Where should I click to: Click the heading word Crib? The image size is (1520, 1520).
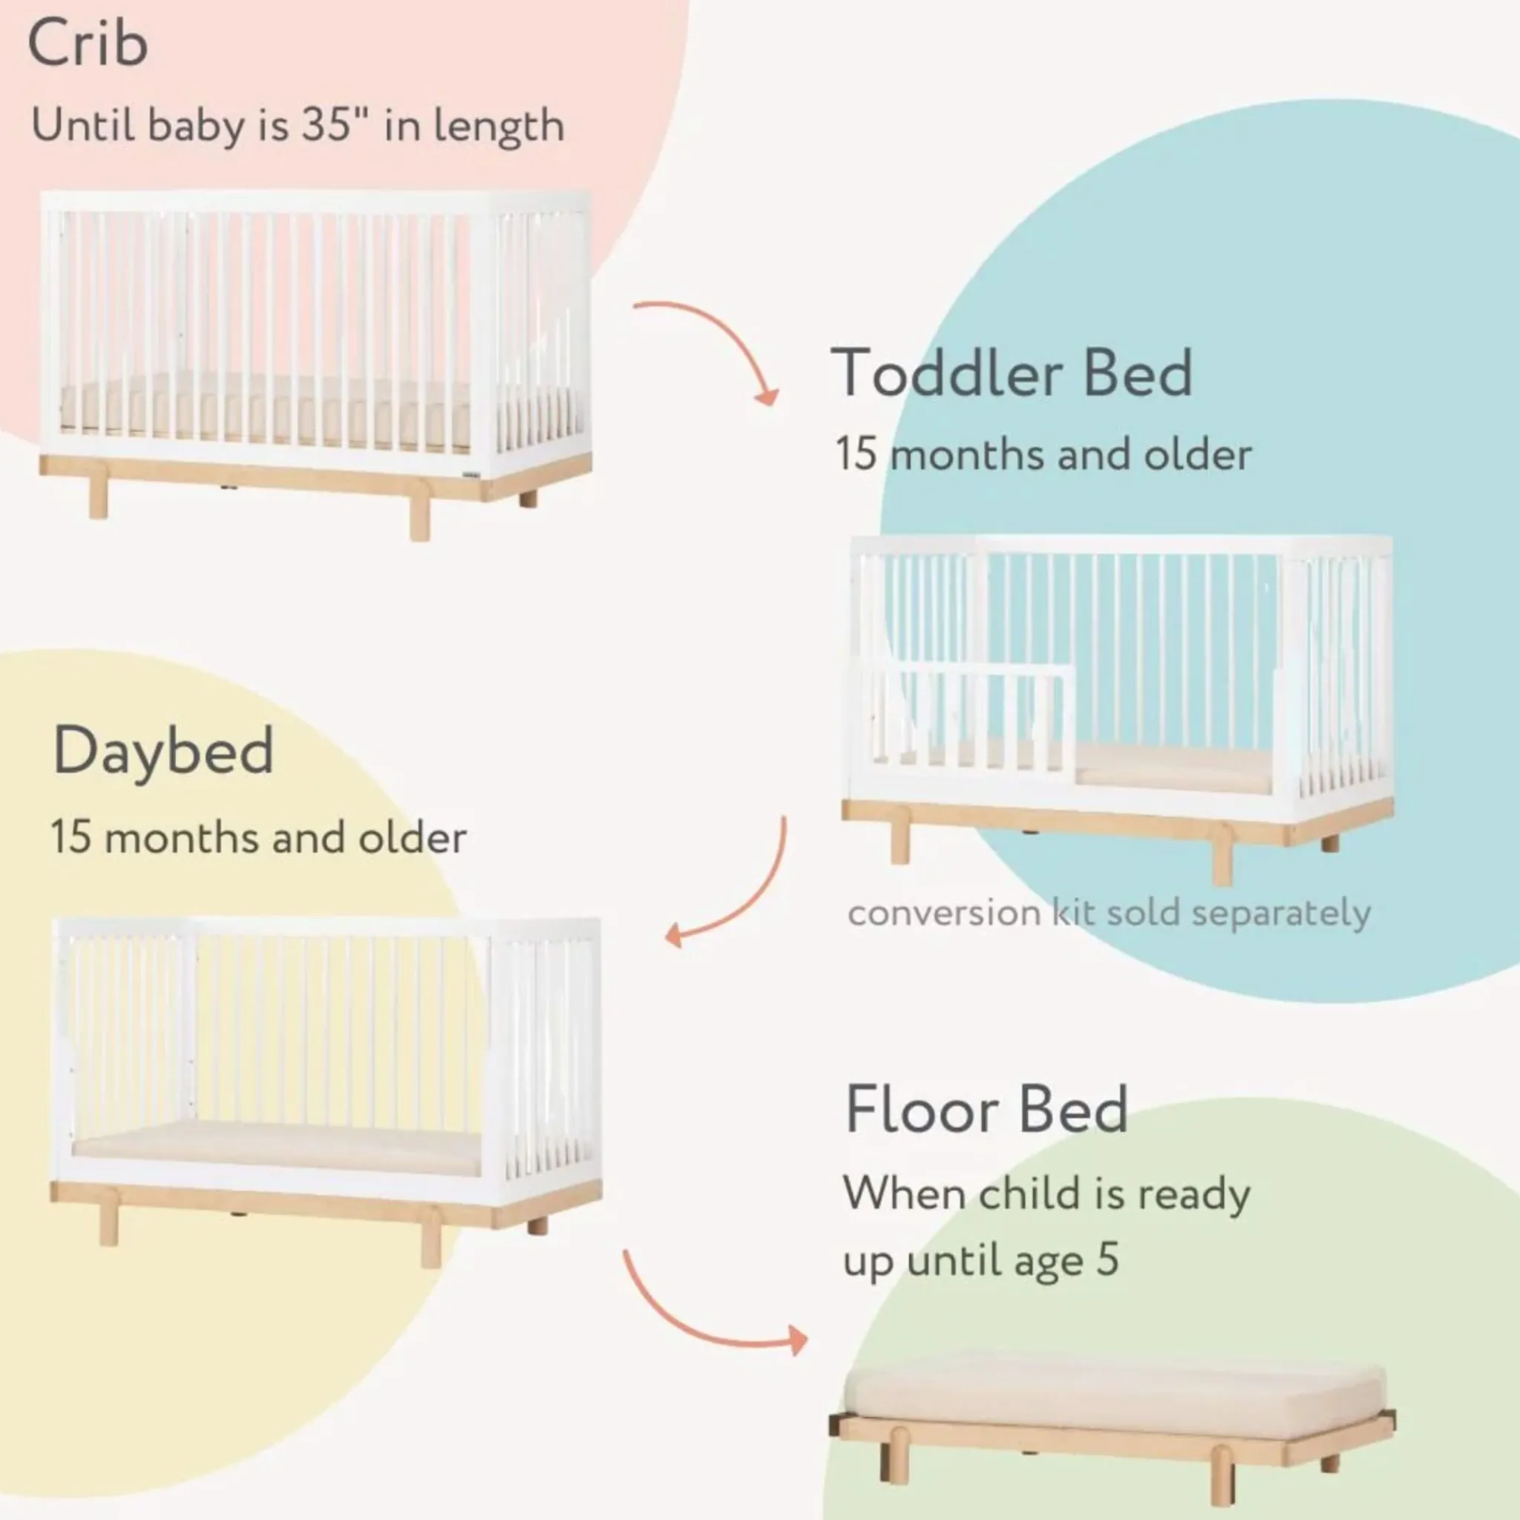pos(88,44)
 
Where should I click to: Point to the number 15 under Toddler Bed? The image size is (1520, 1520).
pos(855,455)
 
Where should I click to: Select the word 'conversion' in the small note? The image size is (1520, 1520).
pos(944,914)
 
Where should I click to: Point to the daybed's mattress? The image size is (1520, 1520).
pos(277,1148)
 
